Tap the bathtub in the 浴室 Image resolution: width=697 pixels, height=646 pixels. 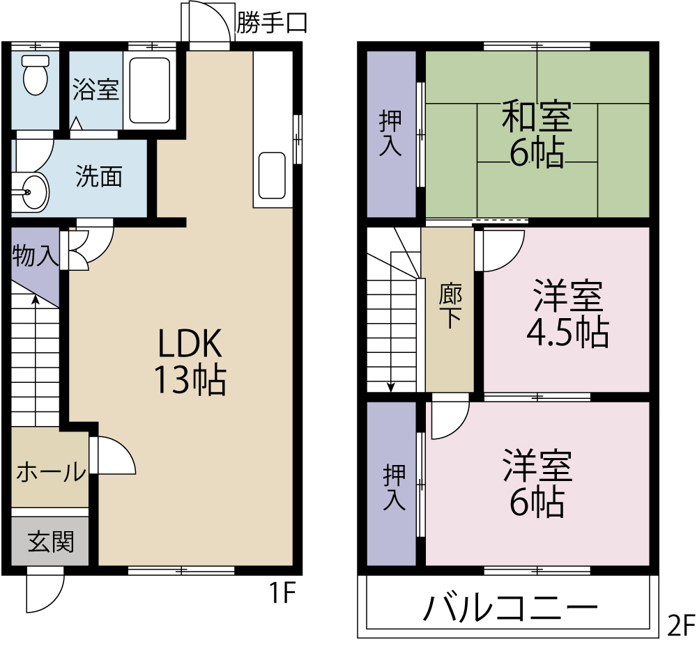[150, 90]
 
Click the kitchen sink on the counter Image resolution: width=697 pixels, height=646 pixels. [272, 175]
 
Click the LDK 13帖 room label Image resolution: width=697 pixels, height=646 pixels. [190, 362]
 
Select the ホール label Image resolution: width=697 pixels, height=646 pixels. [50, 473]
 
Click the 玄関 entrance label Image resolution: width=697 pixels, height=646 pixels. [50, 541]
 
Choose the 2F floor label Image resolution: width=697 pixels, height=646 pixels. [681, 624]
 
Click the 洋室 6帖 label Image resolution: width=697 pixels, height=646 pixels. [537, 484]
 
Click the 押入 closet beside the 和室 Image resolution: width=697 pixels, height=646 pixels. [390, 134]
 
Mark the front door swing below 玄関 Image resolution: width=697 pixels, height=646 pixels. [44, 592]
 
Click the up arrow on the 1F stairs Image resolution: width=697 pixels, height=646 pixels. [35, 301]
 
